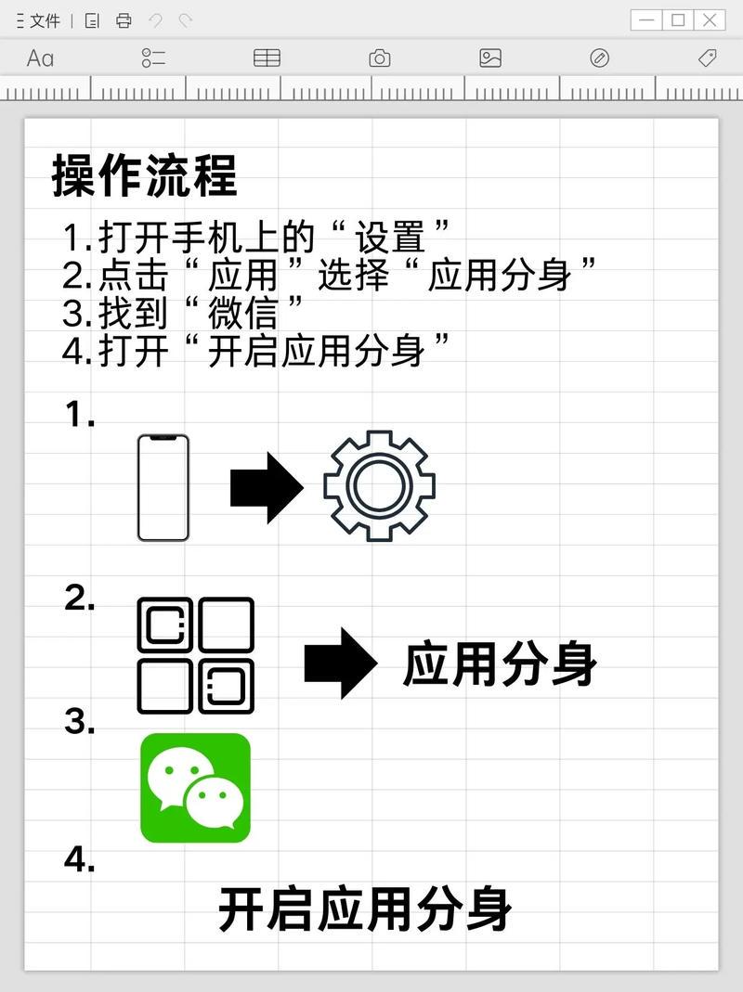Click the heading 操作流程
pyautogui.click(x=144, y=176)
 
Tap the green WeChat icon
pyautogui.click(x=195, y=788)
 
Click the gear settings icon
pyautogui.click(x=379, y=485)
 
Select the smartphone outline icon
pyautogui.click(x=163, y=487)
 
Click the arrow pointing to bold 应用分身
pyautogui.click(x=340, y=663)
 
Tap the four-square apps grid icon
pyautogui.click(x=195, y=655)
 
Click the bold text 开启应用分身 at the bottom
pyautogui.click(x=365, y=909)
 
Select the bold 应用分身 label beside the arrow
pyautogui.click(x=500, y=664)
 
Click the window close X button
pyautogui.click(x=709, y=19)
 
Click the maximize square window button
pyautogui.click(x=678, y=19)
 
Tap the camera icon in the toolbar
pyautogui.click(x=379, y=58)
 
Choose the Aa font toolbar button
pyautogui.click(x=40, y=58)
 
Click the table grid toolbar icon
pyautogui.click(x=267, y=58)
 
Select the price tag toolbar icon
pyautogui.click(x=707, y=58)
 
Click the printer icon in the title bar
pyautogui.click(x=124, y=20)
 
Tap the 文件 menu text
pyautogui.click(x=45, y=20)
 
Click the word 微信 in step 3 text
pyautogui.click(x=242, y=314)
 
